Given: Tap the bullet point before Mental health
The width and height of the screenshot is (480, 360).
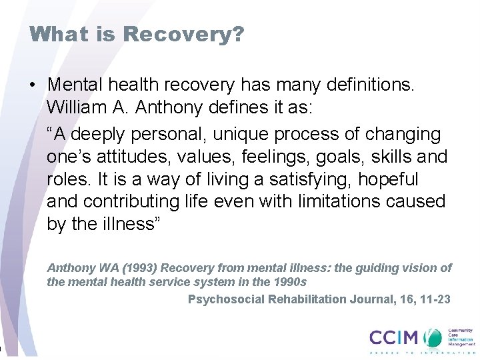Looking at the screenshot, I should pyautogui.click(x=32, y=85).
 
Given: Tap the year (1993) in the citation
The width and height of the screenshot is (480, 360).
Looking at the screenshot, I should pyautogui.click(x=119, y=268).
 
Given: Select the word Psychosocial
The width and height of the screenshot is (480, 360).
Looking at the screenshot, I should pyautogui.click(x=226, y=300).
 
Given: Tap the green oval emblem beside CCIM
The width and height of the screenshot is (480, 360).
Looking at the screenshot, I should pyautogui.click(x=434, y=337).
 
